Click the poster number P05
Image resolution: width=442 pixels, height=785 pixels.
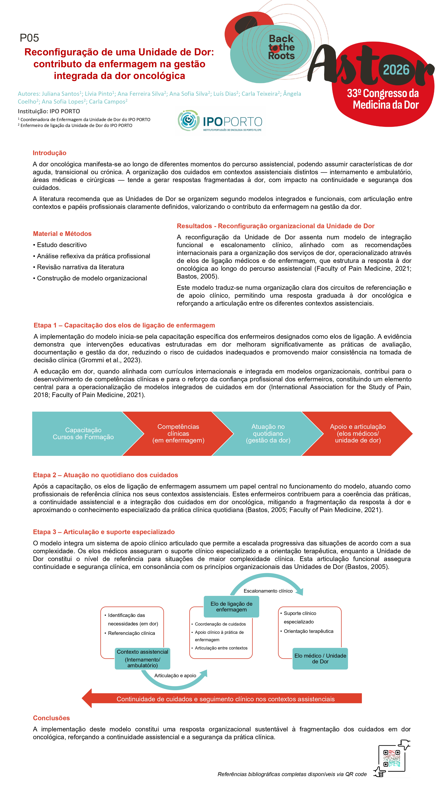tap(29, 38)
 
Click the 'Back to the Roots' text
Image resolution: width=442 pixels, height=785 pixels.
tap(281, 47)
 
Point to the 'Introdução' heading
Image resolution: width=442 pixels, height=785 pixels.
tap(49, 153)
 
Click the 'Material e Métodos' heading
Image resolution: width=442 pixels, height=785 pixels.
tap(62, 234)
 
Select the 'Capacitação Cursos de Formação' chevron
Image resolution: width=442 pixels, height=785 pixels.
tap(83, 433)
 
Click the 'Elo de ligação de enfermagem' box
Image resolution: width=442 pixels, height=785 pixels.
tap(231, 606)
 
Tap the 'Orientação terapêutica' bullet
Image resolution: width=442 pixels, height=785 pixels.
tap(308, 631)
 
